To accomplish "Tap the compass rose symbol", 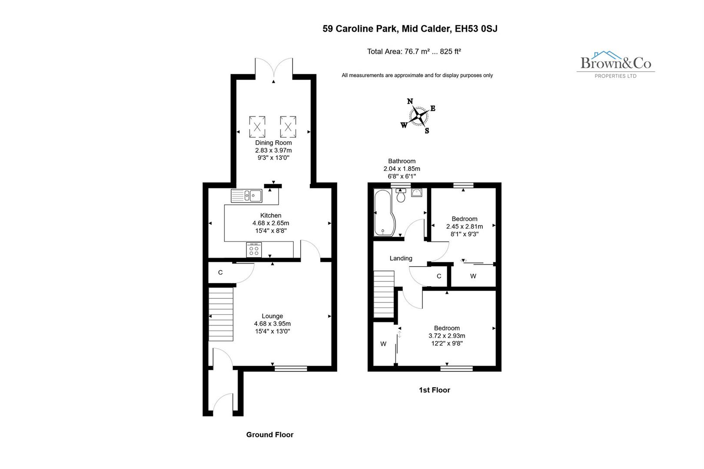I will pos(418,116).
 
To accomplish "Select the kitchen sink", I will pos(246,196).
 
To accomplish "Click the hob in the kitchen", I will pos(254,250).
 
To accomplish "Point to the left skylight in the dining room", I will pos(257,127).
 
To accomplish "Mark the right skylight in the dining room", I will pos(288,127).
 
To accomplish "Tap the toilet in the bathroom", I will pos(401,196).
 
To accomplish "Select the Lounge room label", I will pos(272,316).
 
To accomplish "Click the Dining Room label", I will pos(273,142).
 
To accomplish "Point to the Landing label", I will pos(401,258).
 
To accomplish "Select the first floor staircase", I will pos(384,294).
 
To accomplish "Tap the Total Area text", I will pos(414,51).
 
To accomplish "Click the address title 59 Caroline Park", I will pos(410,29).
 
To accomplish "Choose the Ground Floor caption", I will pos(269,435).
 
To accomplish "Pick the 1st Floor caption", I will pos(434,390).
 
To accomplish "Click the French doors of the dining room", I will pos(273,69).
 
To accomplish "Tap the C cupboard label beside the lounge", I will pos(220,273).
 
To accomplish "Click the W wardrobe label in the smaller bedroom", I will pos(473,276).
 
